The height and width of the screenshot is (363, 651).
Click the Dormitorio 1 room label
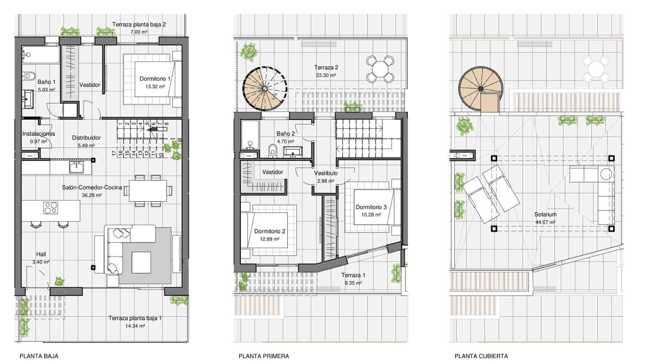pyautogui.click(x=155, y=79)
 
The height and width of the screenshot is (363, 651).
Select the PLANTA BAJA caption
pyautogui.click(x=39, y=356)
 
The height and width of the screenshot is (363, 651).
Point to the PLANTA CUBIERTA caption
pyautogui.click(x=481, y=356)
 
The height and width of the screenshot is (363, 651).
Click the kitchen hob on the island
pyautogui.click(x=51, y=208)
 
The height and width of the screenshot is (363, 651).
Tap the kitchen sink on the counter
pyautogui.click(x=76, y=167)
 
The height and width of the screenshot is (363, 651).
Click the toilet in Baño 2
pyautogui.click(x=273, y=150)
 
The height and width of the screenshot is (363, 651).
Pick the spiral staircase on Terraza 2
pyautogui.click(x=265, y=88)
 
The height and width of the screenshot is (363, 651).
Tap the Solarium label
pyautogui.click(x=545, y=215)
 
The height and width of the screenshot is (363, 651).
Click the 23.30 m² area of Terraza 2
pyautogui.click(x=326, y=75)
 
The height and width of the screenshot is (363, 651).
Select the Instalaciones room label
pyautogui.click(x=39, y=134)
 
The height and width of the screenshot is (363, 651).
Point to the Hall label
pyautogui.click(x=41, y=255)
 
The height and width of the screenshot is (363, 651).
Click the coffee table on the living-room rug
pyautogui.click(x=141, y=262)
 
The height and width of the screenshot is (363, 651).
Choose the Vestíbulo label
pyautogui.click(x=326, y=173)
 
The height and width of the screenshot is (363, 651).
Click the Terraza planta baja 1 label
pyautogui.click(x=135, y=318)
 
